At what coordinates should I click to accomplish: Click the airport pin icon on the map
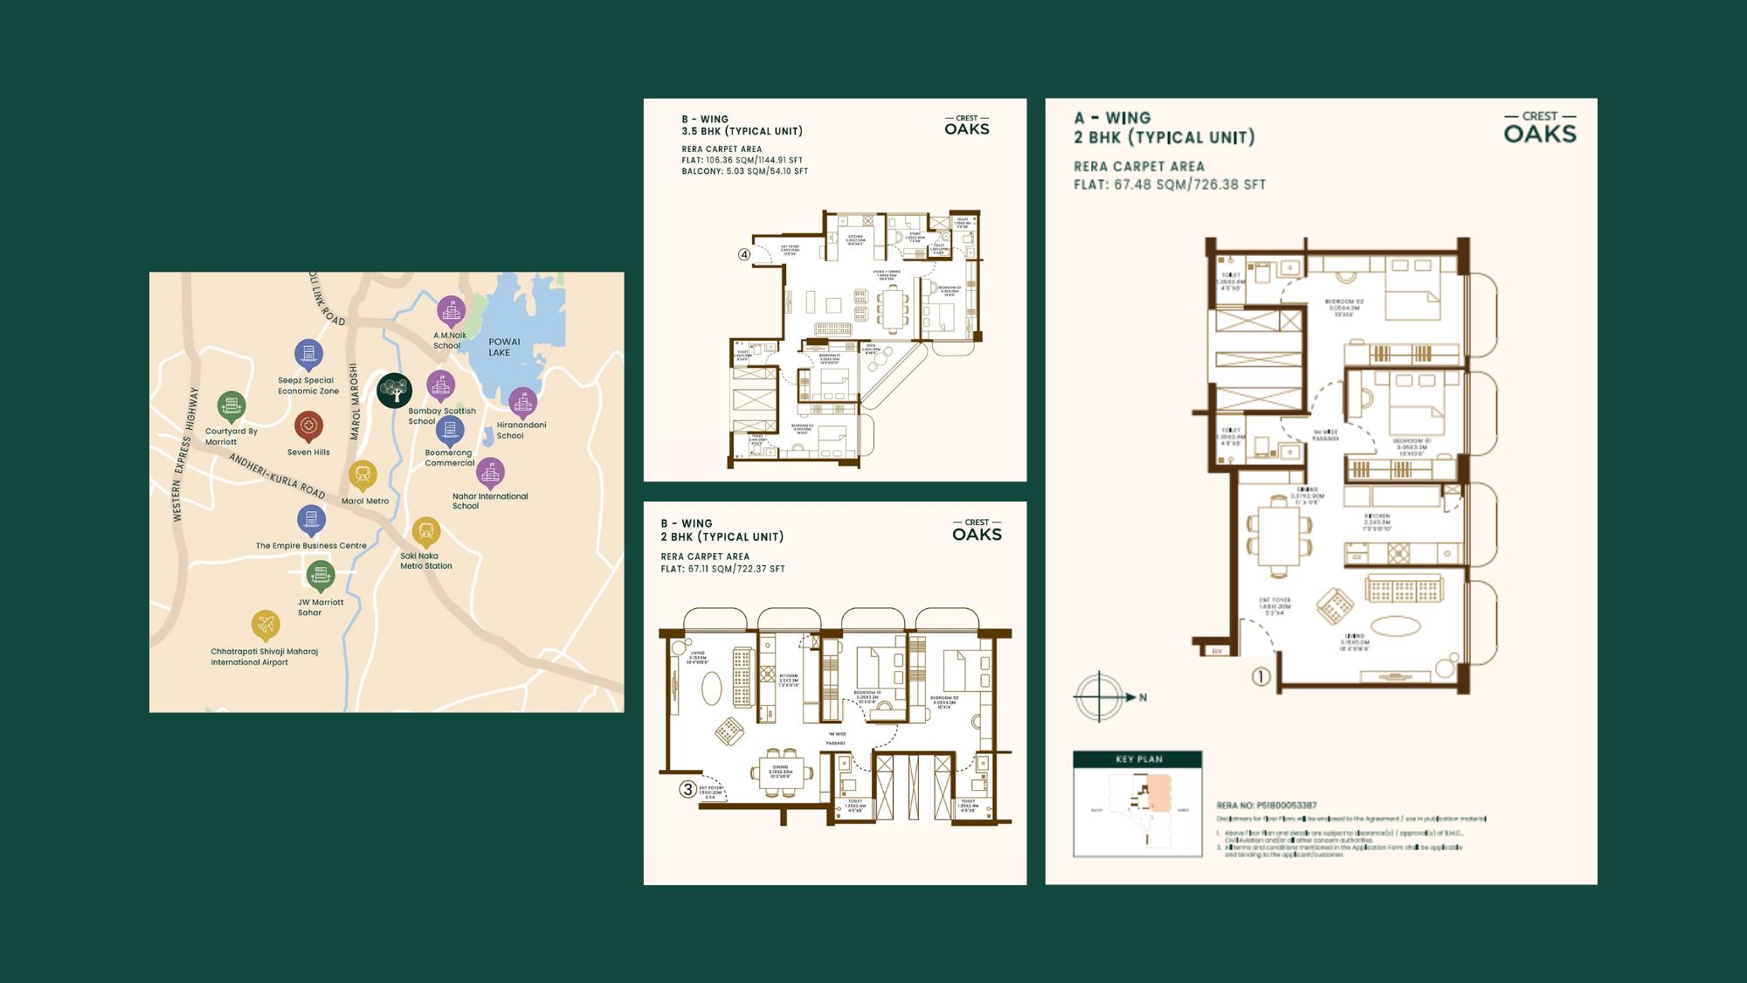pos(266,625)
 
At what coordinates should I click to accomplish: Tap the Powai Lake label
pos(504,347)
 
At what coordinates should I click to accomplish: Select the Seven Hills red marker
pos(308,426)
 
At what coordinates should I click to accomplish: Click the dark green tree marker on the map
pos(394,390)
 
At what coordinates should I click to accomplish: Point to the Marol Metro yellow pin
pos(363,475)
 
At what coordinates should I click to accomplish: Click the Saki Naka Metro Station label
pos(426,561)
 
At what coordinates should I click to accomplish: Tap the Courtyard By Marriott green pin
pos(231,405)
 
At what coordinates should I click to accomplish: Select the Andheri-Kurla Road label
pos(277,476)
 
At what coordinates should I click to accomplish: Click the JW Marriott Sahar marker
pos(321,576)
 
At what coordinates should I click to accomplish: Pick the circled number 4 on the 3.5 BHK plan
pos(744,255)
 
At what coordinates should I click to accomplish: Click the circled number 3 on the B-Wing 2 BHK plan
pos(688,789)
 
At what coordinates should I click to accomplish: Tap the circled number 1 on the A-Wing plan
pos(1260,676)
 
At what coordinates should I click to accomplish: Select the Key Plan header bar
pos(1137,758)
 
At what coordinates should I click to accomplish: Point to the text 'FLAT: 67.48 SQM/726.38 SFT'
pos(1170,184)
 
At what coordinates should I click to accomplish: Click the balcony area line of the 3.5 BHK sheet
pos(744,171)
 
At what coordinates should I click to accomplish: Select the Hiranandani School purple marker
pos(522,402)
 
